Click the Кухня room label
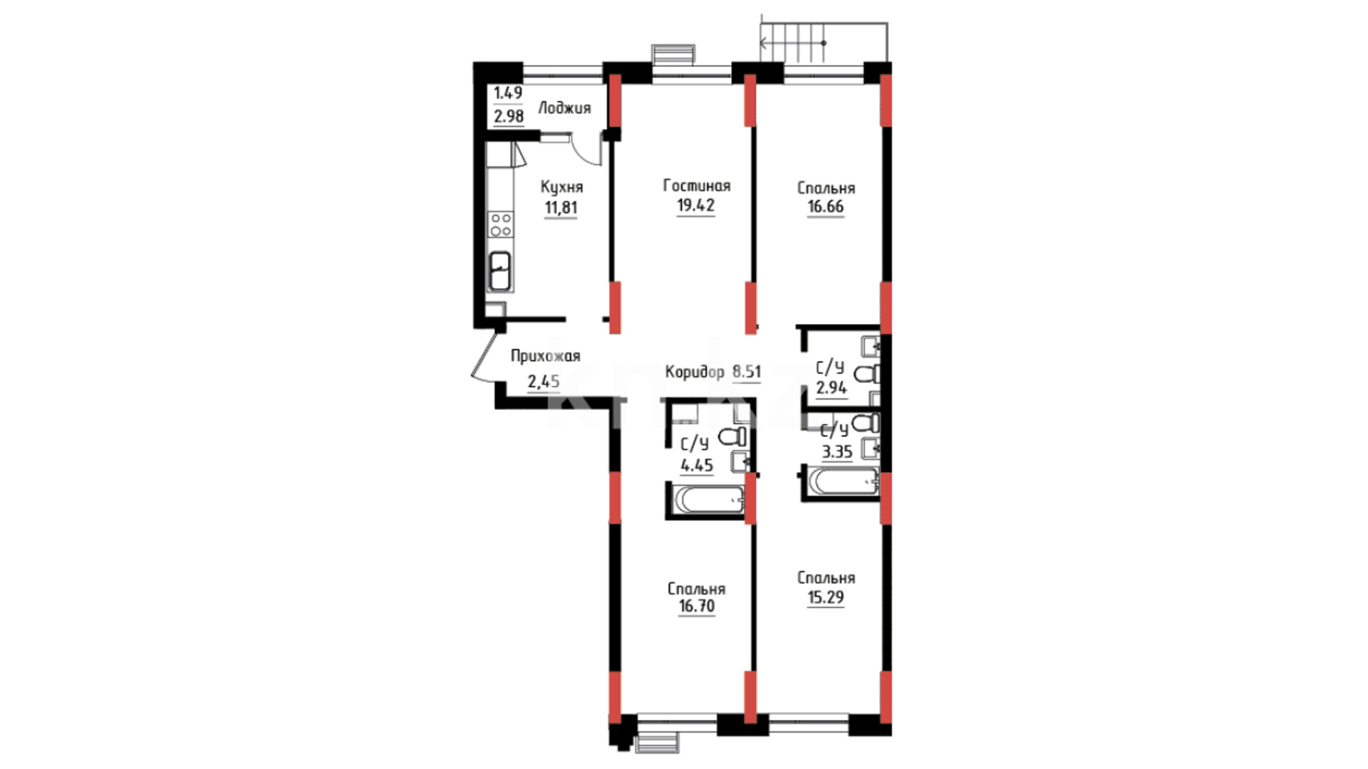click(561, 187)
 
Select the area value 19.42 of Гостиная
click(695, 206)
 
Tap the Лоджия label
click(564, 108)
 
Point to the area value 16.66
click(825, 207)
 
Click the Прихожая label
click(545, 356)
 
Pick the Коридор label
click(694, 372)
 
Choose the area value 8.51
click(747, 372)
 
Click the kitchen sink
click(500, 271)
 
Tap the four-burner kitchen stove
click(500, 224)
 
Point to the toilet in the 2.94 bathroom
click(867, 374)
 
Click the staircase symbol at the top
click(824, 41)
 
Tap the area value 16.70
click(697, 607)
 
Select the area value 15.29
click(826, 597)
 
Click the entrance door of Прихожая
click(484, 355)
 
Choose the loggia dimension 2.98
click(509, 116)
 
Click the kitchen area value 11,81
click(561, 209)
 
